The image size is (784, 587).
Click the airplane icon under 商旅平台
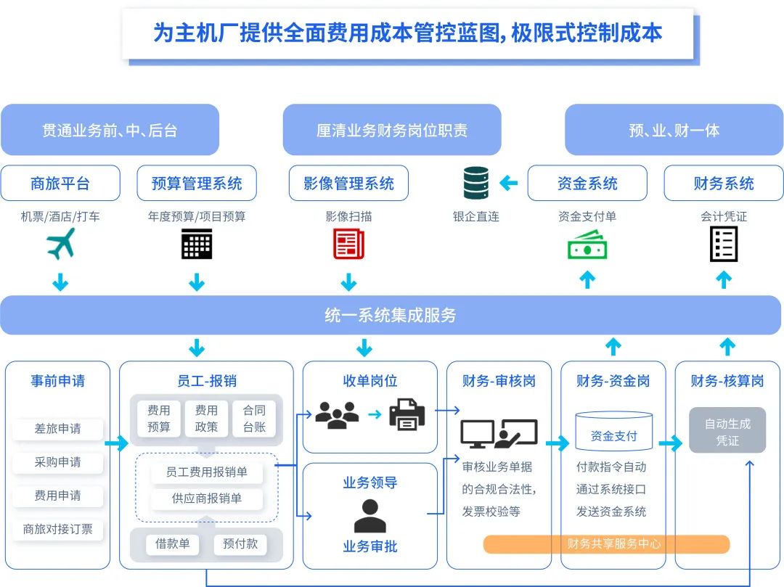60,244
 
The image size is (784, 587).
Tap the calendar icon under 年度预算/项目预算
197,244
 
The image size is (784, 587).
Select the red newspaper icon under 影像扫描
348,244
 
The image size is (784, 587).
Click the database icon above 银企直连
476,183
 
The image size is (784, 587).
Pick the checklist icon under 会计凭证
724,244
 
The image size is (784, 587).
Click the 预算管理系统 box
197,184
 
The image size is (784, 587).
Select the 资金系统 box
587,184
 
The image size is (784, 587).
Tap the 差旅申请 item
58,429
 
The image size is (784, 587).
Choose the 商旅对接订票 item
58,529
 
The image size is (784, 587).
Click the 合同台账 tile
254,419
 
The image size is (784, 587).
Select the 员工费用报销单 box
207,472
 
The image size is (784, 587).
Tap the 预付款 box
240,544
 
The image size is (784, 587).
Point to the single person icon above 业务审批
370,516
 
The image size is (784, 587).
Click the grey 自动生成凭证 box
727,431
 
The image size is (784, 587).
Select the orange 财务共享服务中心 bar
606,543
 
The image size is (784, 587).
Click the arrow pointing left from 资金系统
509,183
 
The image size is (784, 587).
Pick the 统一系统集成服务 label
391,316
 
